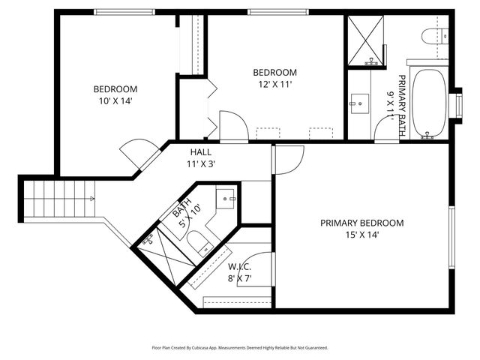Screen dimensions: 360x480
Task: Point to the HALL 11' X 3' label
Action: click(x=200, y=157)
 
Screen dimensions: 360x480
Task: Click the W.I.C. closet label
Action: click(x=239, y=272)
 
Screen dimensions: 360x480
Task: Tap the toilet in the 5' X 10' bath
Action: click(x=199, y=241)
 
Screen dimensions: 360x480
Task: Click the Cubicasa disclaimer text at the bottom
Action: click(x=240, y=347)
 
